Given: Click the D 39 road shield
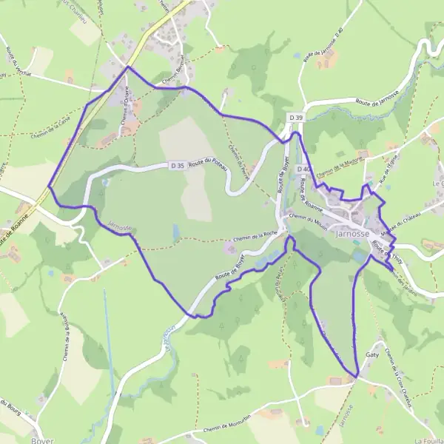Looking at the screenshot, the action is point(296,118).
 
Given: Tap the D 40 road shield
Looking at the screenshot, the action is point(302,169).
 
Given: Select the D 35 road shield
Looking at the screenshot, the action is point(175,166).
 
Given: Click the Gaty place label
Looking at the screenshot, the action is point(371,355).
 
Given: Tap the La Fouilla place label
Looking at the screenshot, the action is point(428,439).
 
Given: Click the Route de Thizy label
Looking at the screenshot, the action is point(385,247).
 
